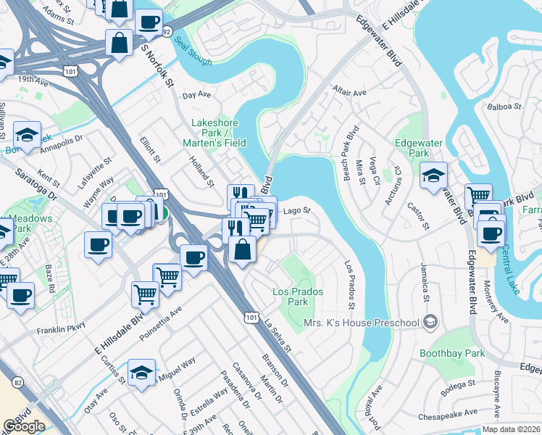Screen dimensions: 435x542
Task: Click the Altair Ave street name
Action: click(349, 94)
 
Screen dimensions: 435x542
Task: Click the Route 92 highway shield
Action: click(167, 33)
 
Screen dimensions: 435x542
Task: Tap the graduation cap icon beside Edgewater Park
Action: click(434, 175)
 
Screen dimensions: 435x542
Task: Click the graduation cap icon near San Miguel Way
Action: click(141, 373)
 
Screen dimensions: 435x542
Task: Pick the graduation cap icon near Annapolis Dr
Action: click(27, 134)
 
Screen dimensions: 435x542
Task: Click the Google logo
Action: click(24, 426)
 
